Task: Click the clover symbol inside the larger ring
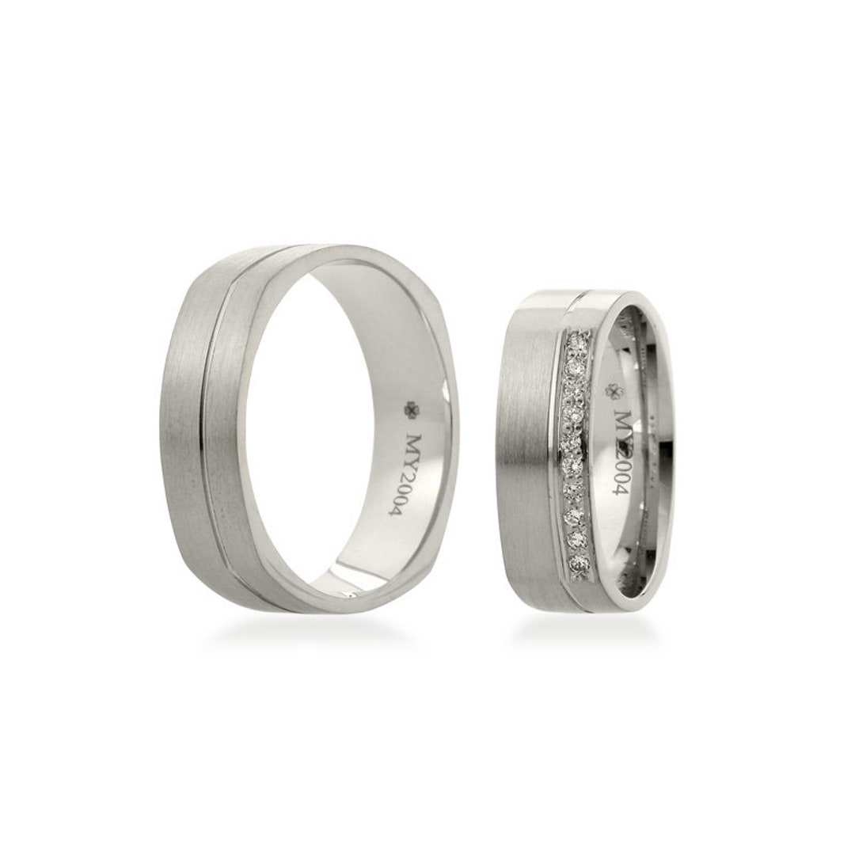pos(411,408)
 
